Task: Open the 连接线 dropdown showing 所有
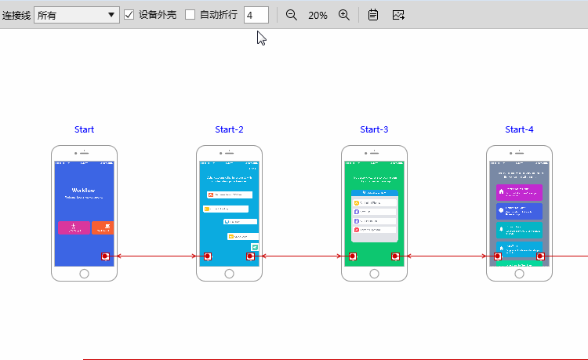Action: coord(76,15)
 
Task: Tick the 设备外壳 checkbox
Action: coord(129,15)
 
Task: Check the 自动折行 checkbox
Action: coord(190,15)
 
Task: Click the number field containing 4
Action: coord(256,15)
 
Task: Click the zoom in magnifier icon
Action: coord(343,15)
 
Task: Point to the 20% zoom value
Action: coord(318,15)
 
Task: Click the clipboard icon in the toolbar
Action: coord(373,15)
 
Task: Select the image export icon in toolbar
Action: coord(398,15)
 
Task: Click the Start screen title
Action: coord(85,129)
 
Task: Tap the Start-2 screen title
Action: coord(229,129)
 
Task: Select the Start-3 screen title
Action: coord(374,129)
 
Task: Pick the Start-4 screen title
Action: coord(519,129)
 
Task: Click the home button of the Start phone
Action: coord(85,274)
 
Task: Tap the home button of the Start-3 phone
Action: coord(374,274)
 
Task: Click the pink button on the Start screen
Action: coord(74,227)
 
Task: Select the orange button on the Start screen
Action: coord(103,227)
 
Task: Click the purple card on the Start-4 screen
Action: coord(519,192)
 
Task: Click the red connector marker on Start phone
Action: coord(105,256)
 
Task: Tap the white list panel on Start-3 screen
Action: coord(374,216)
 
